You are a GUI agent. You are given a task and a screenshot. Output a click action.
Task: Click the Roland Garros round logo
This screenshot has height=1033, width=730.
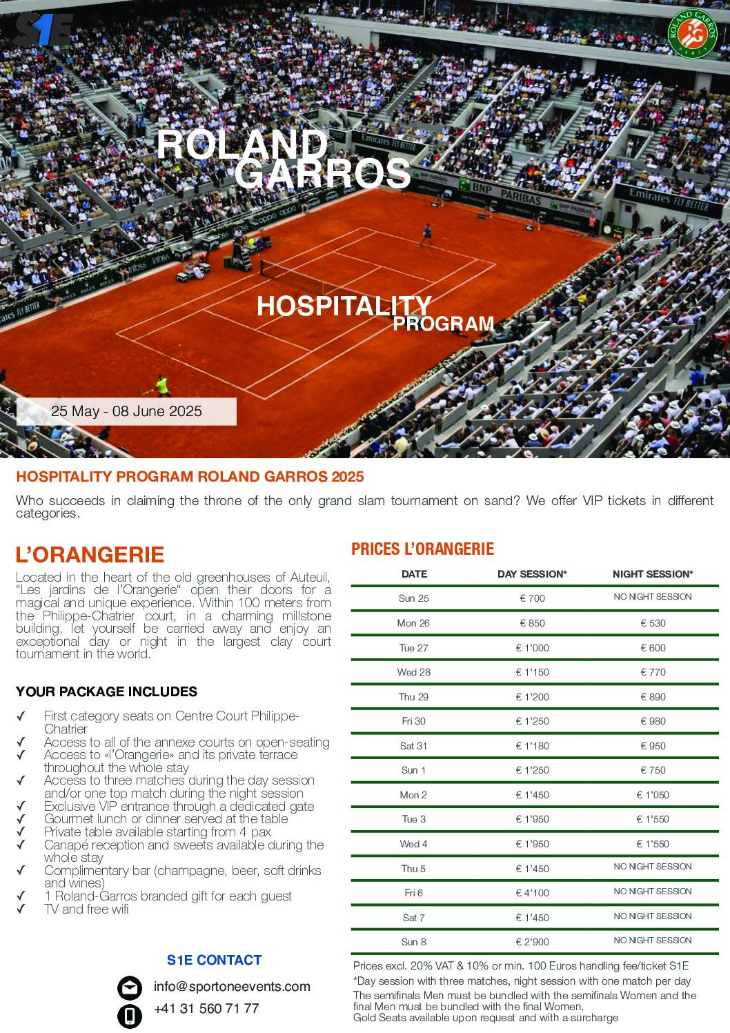click(691, 33)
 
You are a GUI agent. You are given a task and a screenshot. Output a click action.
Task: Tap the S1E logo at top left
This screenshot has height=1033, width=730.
click(43, 32)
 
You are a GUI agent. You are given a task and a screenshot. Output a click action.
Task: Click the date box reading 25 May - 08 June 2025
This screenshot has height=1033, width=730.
click(126, 411)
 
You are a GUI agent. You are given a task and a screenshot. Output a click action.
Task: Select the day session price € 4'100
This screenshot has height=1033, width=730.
click(532, 893)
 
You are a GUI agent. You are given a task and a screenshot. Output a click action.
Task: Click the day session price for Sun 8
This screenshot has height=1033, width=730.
click(532, 942)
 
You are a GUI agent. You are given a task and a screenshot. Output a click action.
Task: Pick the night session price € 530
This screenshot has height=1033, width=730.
click(652, 623)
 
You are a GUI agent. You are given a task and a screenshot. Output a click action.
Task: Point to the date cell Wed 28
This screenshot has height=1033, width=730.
click(413, 672)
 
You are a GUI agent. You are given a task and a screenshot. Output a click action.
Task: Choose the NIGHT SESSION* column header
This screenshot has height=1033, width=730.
click(652, 574)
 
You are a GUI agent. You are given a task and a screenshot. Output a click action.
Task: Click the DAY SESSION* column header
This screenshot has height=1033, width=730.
click(532, 574)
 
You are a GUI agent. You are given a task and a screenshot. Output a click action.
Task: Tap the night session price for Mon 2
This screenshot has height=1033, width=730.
click(652, 795)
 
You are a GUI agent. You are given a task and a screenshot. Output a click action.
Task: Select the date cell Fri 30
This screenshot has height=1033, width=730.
click(413, 721)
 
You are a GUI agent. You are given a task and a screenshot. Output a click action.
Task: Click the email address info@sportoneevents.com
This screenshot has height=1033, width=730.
click(232, 987)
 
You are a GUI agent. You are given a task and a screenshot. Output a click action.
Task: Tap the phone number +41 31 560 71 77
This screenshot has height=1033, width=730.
click(206, 1009)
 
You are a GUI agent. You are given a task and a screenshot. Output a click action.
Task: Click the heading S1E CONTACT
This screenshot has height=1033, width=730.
click(214, 960)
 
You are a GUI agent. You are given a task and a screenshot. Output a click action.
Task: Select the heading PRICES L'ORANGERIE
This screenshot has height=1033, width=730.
click(422, 549)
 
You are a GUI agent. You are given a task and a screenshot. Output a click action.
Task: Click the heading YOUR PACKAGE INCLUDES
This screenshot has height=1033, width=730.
click(106, 691)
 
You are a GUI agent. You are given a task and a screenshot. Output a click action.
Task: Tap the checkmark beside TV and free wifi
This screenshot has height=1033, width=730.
click(21, 909)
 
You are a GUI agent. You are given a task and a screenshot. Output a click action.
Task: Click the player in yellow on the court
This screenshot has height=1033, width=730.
click(160, 384)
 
